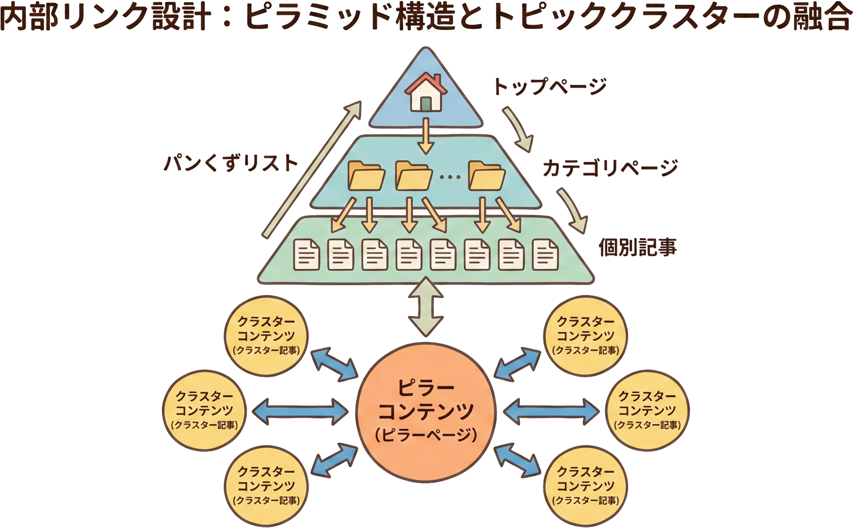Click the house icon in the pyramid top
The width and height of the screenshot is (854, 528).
pos(426,92)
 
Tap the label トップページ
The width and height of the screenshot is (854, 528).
pos(549,86)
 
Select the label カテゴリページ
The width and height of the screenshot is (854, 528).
pos(610,168)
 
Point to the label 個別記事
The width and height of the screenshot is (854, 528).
pos(637,247)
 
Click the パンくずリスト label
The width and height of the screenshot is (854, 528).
pos(231,163)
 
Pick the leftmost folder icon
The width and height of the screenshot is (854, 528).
pos(366,175)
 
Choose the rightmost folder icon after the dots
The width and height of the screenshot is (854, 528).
pos(486,175)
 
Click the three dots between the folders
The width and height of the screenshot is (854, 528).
pos(450,177)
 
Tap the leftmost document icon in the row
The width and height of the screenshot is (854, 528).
pos(306,255)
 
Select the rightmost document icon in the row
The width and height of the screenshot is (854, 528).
pos(545,255)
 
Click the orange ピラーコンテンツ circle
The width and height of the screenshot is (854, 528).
pos(426,411)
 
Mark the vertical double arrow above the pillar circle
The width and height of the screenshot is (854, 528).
pos(426,307)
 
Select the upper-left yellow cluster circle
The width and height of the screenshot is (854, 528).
pos(266,336)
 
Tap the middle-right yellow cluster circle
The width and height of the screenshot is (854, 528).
pos(647,411)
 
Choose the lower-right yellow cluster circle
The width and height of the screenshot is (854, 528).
pos(585,486)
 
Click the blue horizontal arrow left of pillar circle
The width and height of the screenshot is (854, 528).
pos(300,411)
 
